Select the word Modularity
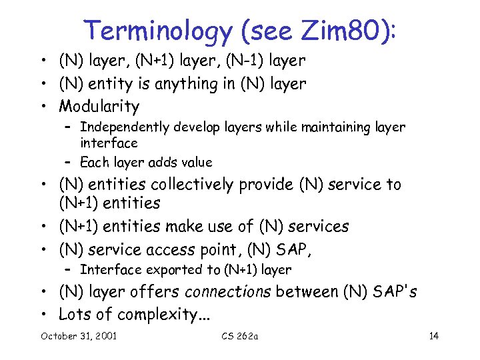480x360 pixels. (x=99, y=106)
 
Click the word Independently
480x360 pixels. (x=121, y=127)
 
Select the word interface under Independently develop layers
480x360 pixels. (x=109, y=143)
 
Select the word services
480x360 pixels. (x=318, y=227)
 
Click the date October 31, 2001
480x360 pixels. (x=79, y=335)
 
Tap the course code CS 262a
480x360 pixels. (x=239, y=335)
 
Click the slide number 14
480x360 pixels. (x=434, y=335)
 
